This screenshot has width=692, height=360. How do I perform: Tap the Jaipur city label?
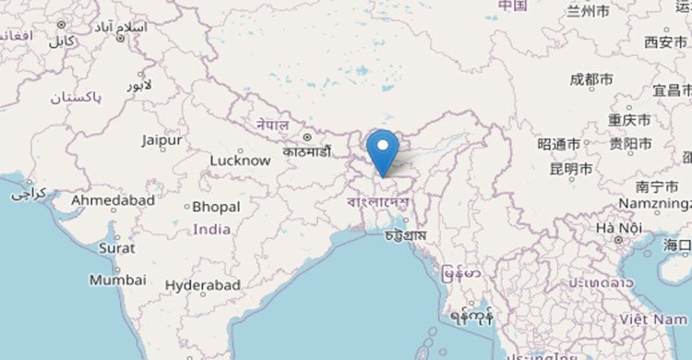click(x=161, y=140)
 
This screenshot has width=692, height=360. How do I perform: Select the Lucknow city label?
click(x=240, y=160)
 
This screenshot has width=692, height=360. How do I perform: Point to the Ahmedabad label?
click(x=113, y=199)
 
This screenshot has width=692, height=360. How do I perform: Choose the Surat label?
click(x=117, y=247)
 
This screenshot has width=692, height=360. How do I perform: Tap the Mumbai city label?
click(x=117, y=279)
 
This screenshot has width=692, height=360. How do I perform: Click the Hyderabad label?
click(x=203, y=286)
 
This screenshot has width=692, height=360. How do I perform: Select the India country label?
click(x=213, y=229)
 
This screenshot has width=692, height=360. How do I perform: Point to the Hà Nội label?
click(x=617, y=227)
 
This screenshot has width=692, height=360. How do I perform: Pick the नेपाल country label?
click(x=272, y=125)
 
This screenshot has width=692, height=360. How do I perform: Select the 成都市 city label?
click(x=591, y=80)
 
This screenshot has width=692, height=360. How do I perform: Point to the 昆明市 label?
click(x=570, y=168)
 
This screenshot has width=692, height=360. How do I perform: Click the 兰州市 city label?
click(x=588, y=12)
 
